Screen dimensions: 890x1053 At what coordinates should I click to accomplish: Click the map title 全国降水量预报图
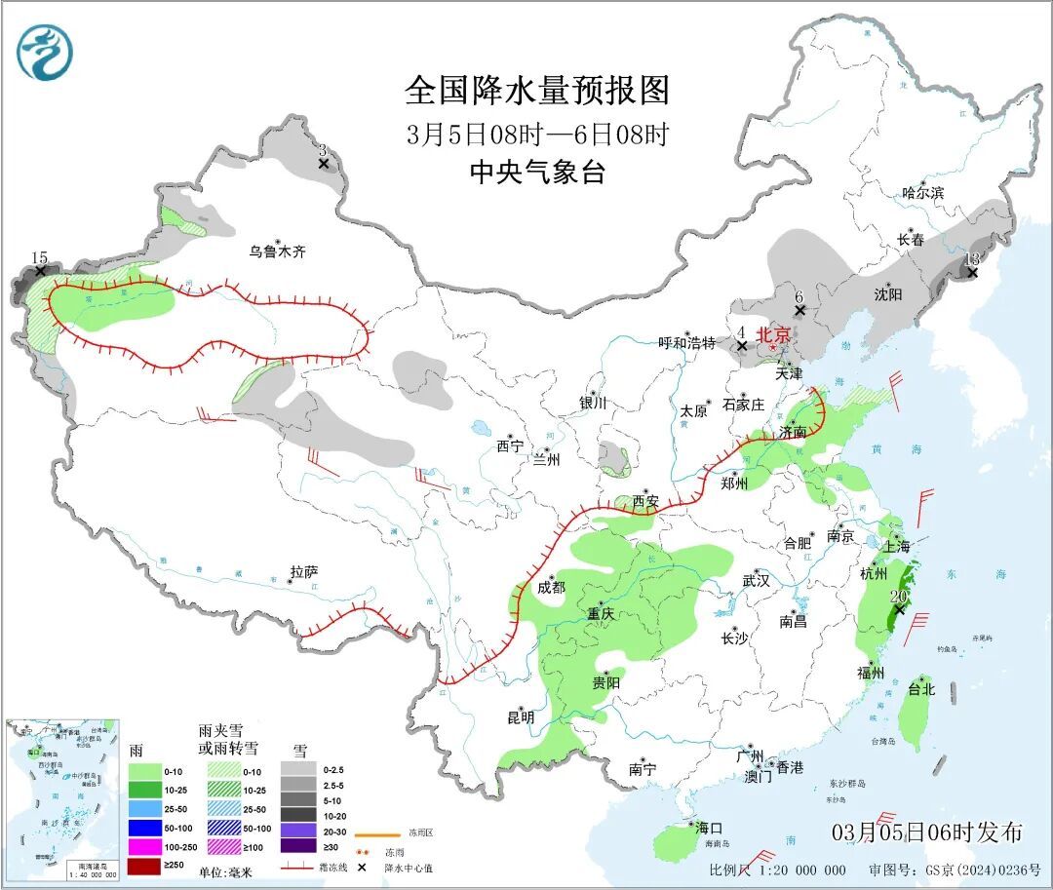[x=537, y=92]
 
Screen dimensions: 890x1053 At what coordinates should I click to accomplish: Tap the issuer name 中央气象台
[x=537, y=174]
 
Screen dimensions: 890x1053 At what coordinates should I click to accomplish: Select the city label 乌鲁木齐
[x=277, y=252]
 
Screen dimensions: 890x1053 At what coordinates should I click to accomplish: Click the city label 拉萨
[x=304, y=572]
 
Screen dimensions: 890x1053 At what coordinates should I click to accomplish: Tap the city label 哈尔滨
[x=922, y=193]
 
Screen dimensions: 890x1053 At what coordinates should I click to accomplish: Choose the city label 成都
[x=550, y=587]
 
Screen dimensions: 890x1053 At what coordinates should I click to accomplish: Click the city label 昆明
[x=520, y=717]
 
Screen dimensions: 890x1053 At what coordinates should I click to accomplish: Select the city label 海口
[x=710, y=828]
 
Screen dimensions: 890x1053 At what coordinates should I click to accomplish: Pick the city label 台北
[x=920, y=689]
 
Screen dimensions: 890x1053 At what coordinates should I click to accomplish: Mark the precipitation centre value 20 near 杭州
[x=899, y=597]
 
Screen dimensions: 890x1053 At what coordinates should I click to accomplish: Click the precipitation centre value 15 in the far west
[x=39, y=258]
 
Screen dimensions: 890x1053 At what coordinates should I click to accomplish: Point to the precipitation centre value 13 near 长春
[x=971, y=259]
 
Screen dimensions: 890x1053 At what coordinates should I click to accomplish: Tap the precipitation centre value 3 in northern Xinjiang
[x=323, y=150]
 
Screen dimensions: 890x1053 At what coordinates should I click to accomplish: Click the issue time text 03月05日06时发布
[x=927, y=832]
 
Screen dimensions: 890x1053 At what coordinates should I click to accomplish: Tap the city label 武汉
[x=756, y=580]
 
